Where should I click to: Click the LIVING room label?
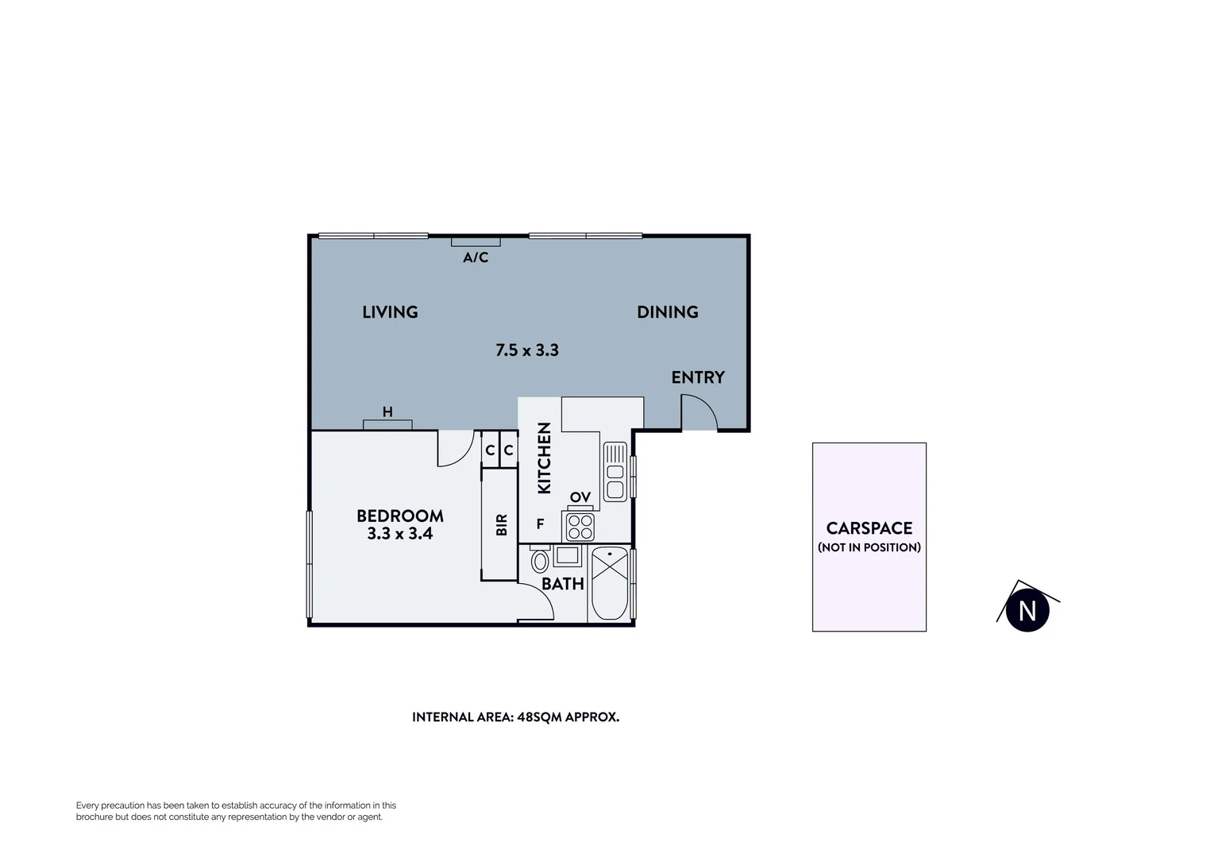click(390, 312)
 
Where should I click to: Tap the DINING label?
click(667, 312)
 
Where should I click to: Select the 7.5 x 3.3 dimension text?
click(526, 350)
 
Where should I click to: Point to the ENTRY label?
click(698, 377)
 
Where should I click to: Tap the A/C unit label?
click(476, 257)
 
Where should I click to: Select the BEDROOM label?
click(399, 516)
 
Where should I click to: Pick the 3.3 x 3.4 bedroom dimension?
click(399, 534)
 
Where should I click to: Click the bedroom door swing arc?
click(453, 450)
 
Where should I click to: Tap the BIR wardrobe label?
click(501, 524)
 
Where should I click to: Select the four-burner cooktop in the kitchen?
click(579, 527)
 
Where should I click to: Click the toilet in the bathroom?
click(540, 560)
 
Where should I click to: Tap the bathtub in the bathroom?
click(609, 583)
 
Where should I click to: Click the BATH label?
click(563, 584)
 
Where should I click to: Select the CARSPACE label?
click(869, 528)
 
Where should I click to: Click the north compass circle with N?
click(1027, 611)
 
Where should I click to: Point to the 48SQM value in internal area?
click(539, 717)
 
